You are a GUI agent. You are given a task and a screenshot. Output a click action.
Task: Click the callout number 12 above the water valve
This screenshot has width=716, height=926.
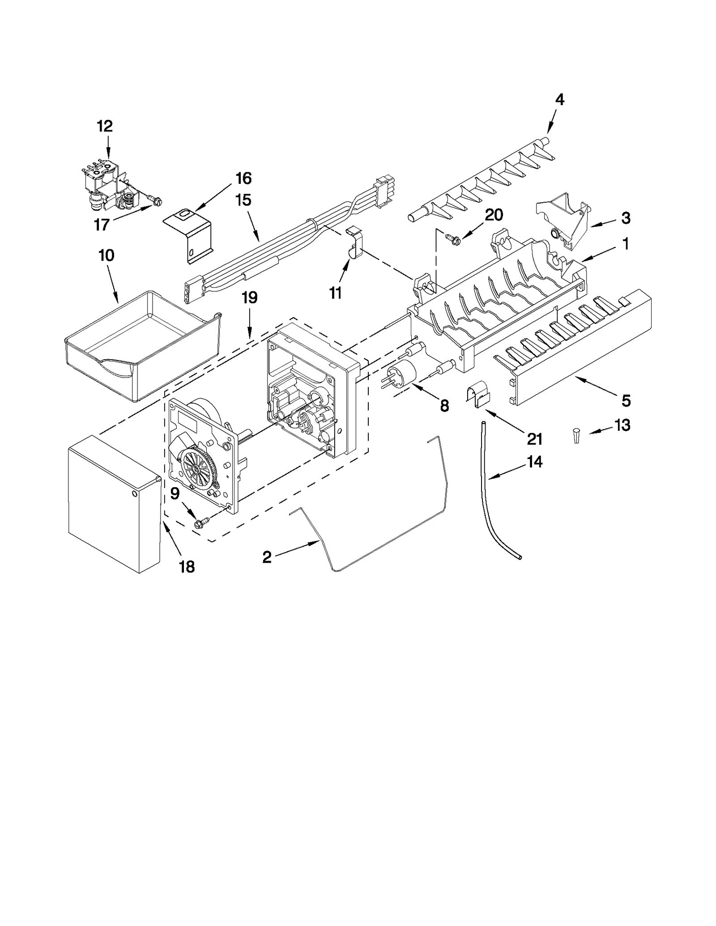pos(105,127)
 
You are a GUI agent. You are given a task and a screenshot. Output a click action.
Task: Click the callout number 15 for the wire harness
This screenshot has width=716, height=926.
pos(243,200)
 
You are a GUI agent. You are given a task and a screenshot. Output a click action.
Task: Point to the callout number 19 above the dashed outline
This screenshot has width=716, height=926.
pos(250,297)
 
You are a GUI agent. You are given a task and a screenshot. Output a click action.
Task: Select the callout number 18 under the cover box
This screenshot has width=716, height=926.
pos(187,567)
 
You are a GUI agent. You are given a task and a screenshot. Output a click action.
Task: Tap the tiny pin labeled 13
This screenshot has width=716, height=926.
pos(576,435)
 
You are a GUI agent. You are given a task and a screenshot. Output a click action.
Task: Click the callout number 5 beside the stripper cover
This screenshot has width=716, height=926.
pos(626,400)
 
